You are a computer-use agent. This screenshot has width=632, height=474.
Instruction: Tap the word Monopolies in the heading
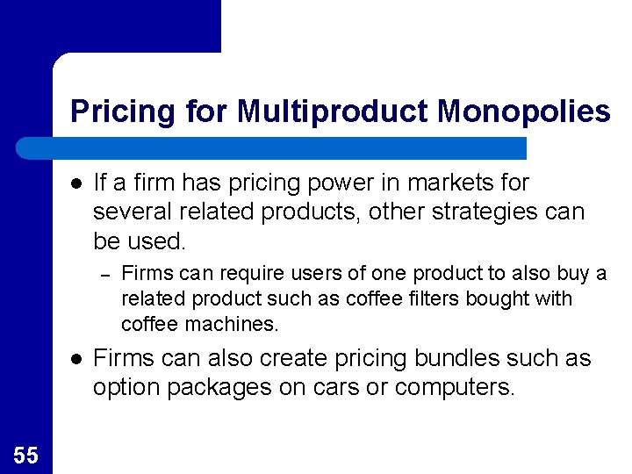click(x=523, y=111)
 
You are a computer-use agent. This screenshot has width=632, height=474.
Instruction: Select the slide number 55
click(x=26, y=455)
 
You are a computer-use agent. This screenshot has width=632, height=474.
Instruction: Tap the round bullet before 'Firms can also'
click(x=77, y=360)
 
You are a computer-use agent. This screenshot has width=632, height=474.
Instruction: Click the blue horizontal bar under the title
click(x=272, y=148)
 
